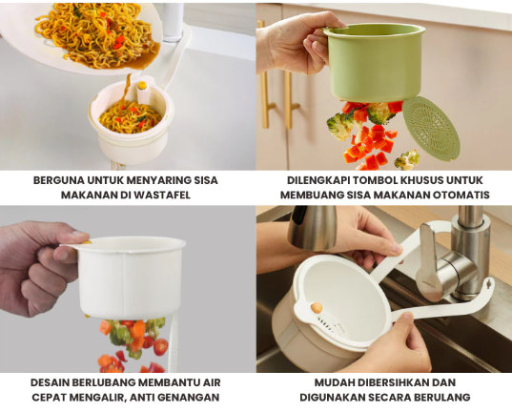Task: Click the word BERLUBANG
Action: (x=104, y=382)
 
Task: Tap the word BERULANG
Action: (x=442, y=398)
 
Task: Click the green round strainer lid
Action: (x=431, y=129)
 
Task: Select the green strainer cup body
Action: (x=375, y=64)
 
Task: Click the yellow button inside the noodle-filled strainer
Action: (x=142, y=85)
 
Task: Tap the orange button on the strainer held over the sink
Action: (x=317, y=307)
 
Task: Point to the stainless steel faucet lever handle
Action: (x=428, y=261)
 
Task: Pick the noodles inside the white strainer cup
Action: (x=130, y=116)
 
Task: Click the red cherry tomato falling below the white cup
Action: (x=160, y=346)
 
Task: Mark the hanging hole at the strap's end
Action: (x=488, y=283)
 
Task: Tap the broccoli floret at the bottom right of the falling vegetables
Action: (x=407, y=160)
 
